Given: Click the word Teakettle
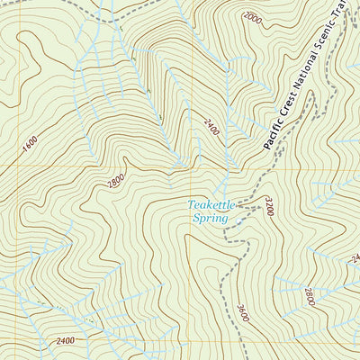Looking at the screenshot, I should [x=211, y=205].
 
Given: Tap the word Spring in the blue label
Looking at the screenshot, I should [x=210, y=218].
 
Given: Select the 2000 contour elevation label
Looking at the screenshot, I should [x=253, y=18].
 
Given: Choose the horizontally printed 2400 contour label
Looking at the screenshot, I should [x=65, y=340].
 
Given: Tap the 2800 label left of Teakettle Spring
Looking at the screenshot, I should [x=116, y=182].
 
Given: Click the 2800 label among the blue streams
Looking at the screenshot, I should [x=309, y=296].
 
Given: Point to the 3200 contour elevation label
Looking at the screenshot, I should [x=268, y=206].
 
